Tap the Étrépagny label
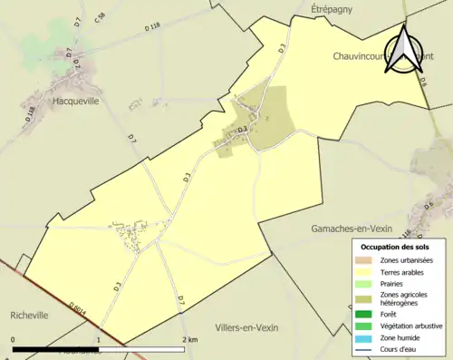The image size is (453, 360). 336,8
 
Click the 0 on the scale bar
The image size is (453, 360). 14,339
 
